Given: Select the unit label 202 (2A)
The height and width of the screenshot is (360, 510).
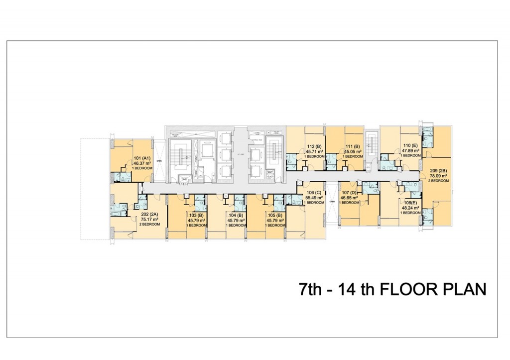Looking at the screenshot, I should coord(149,215).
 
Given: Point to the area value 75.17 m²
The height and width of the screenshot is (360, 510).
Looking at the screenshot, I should coord(149,220).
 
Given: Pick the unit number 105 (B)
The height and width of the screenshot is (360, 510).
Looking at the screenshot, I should coord(275,216).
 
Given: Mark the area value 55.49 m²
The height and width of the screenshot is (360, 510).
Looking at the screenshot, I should coord(314,198).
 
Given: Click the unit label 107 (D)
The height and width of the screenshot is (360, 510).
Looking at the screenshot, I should coord(350,193).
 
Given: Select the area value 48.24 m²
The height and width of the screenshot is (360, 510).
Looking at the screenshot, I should coord(411,208).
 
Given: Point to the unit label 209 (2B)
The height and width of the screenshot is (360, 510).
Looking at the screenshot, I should coord(438,171).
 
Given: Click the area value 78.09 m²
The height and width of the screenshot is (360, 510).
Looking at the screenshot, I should coord(438,176).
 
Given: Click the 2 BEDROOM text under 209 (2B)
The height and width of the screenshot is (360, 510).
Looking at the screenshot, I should coord(438,181).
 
